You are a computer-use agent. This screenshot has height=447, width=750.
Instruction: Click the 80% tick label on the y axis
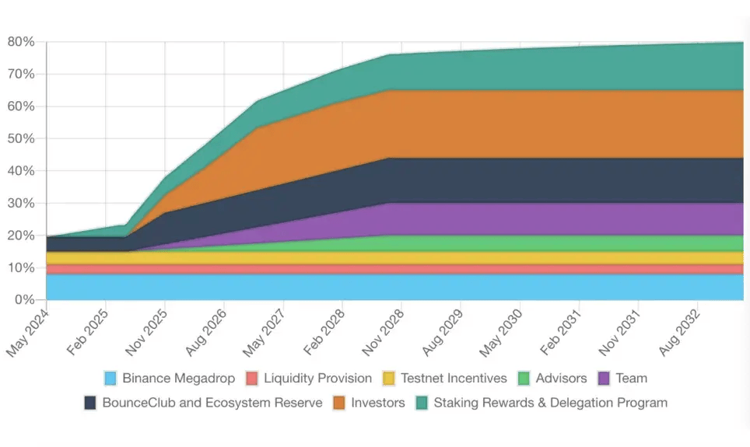pyautogui.click(x=22, y=42)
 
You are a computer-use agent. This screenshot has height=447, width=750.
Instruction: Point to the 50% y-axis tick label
pyautogui.click(x=22, y=138)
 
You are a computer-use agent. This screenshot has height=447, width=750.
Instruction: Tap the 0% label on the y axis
pyautogui.click(x=25, y=300)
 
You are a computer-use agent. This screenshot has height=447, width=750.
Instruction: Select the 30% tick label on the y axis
pyautogui.click(x=22, y=203)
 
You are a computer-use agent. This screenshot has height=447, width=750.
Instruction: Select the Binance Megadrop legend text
pyautogui.click(x=178, y=379)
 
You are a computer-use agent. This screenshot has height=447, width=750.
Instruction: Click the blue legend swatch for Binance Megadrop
pyautogui.click(x=111, y=379)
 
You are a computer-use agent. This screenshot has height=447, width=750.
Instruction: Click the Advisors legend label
pyautogui.click(x=561, y=379)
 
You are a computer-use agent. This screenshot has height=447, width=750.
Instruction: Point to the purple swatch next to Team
pyautogui.click(x=605, y=379)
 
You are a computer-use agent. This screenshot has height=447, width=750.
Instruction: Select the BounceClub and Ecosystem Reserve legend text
pyautogui.click(x=212, y=403)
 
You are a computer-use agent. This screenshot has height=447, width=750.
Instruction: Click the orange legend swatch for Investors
pyautogui.click(x=340, y=403)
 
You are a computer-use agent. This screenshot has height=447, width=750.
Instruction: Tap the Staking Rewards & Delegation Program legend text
pyautogui.click(x=550, y=403)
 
